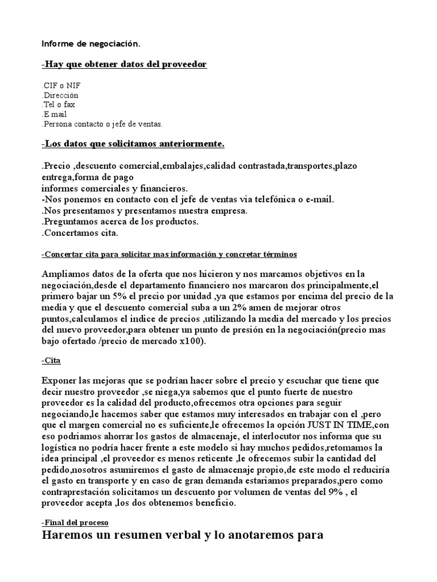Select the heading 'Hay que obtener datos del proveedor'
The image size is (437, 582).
pos(125,65)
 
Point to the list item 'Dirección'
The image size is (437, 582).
pos(60,95)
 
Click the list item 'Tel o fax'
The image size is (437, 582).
pos(59,105)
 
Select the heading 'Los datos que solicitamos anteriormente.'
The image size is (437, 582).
pos(133,144)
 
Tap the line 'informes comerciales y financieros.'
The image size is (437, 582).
pos(114,188)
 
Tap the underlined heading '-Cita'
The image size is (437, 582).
pos(51,361)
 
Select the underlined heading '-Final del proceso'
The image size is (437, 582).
pos(75,522)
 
